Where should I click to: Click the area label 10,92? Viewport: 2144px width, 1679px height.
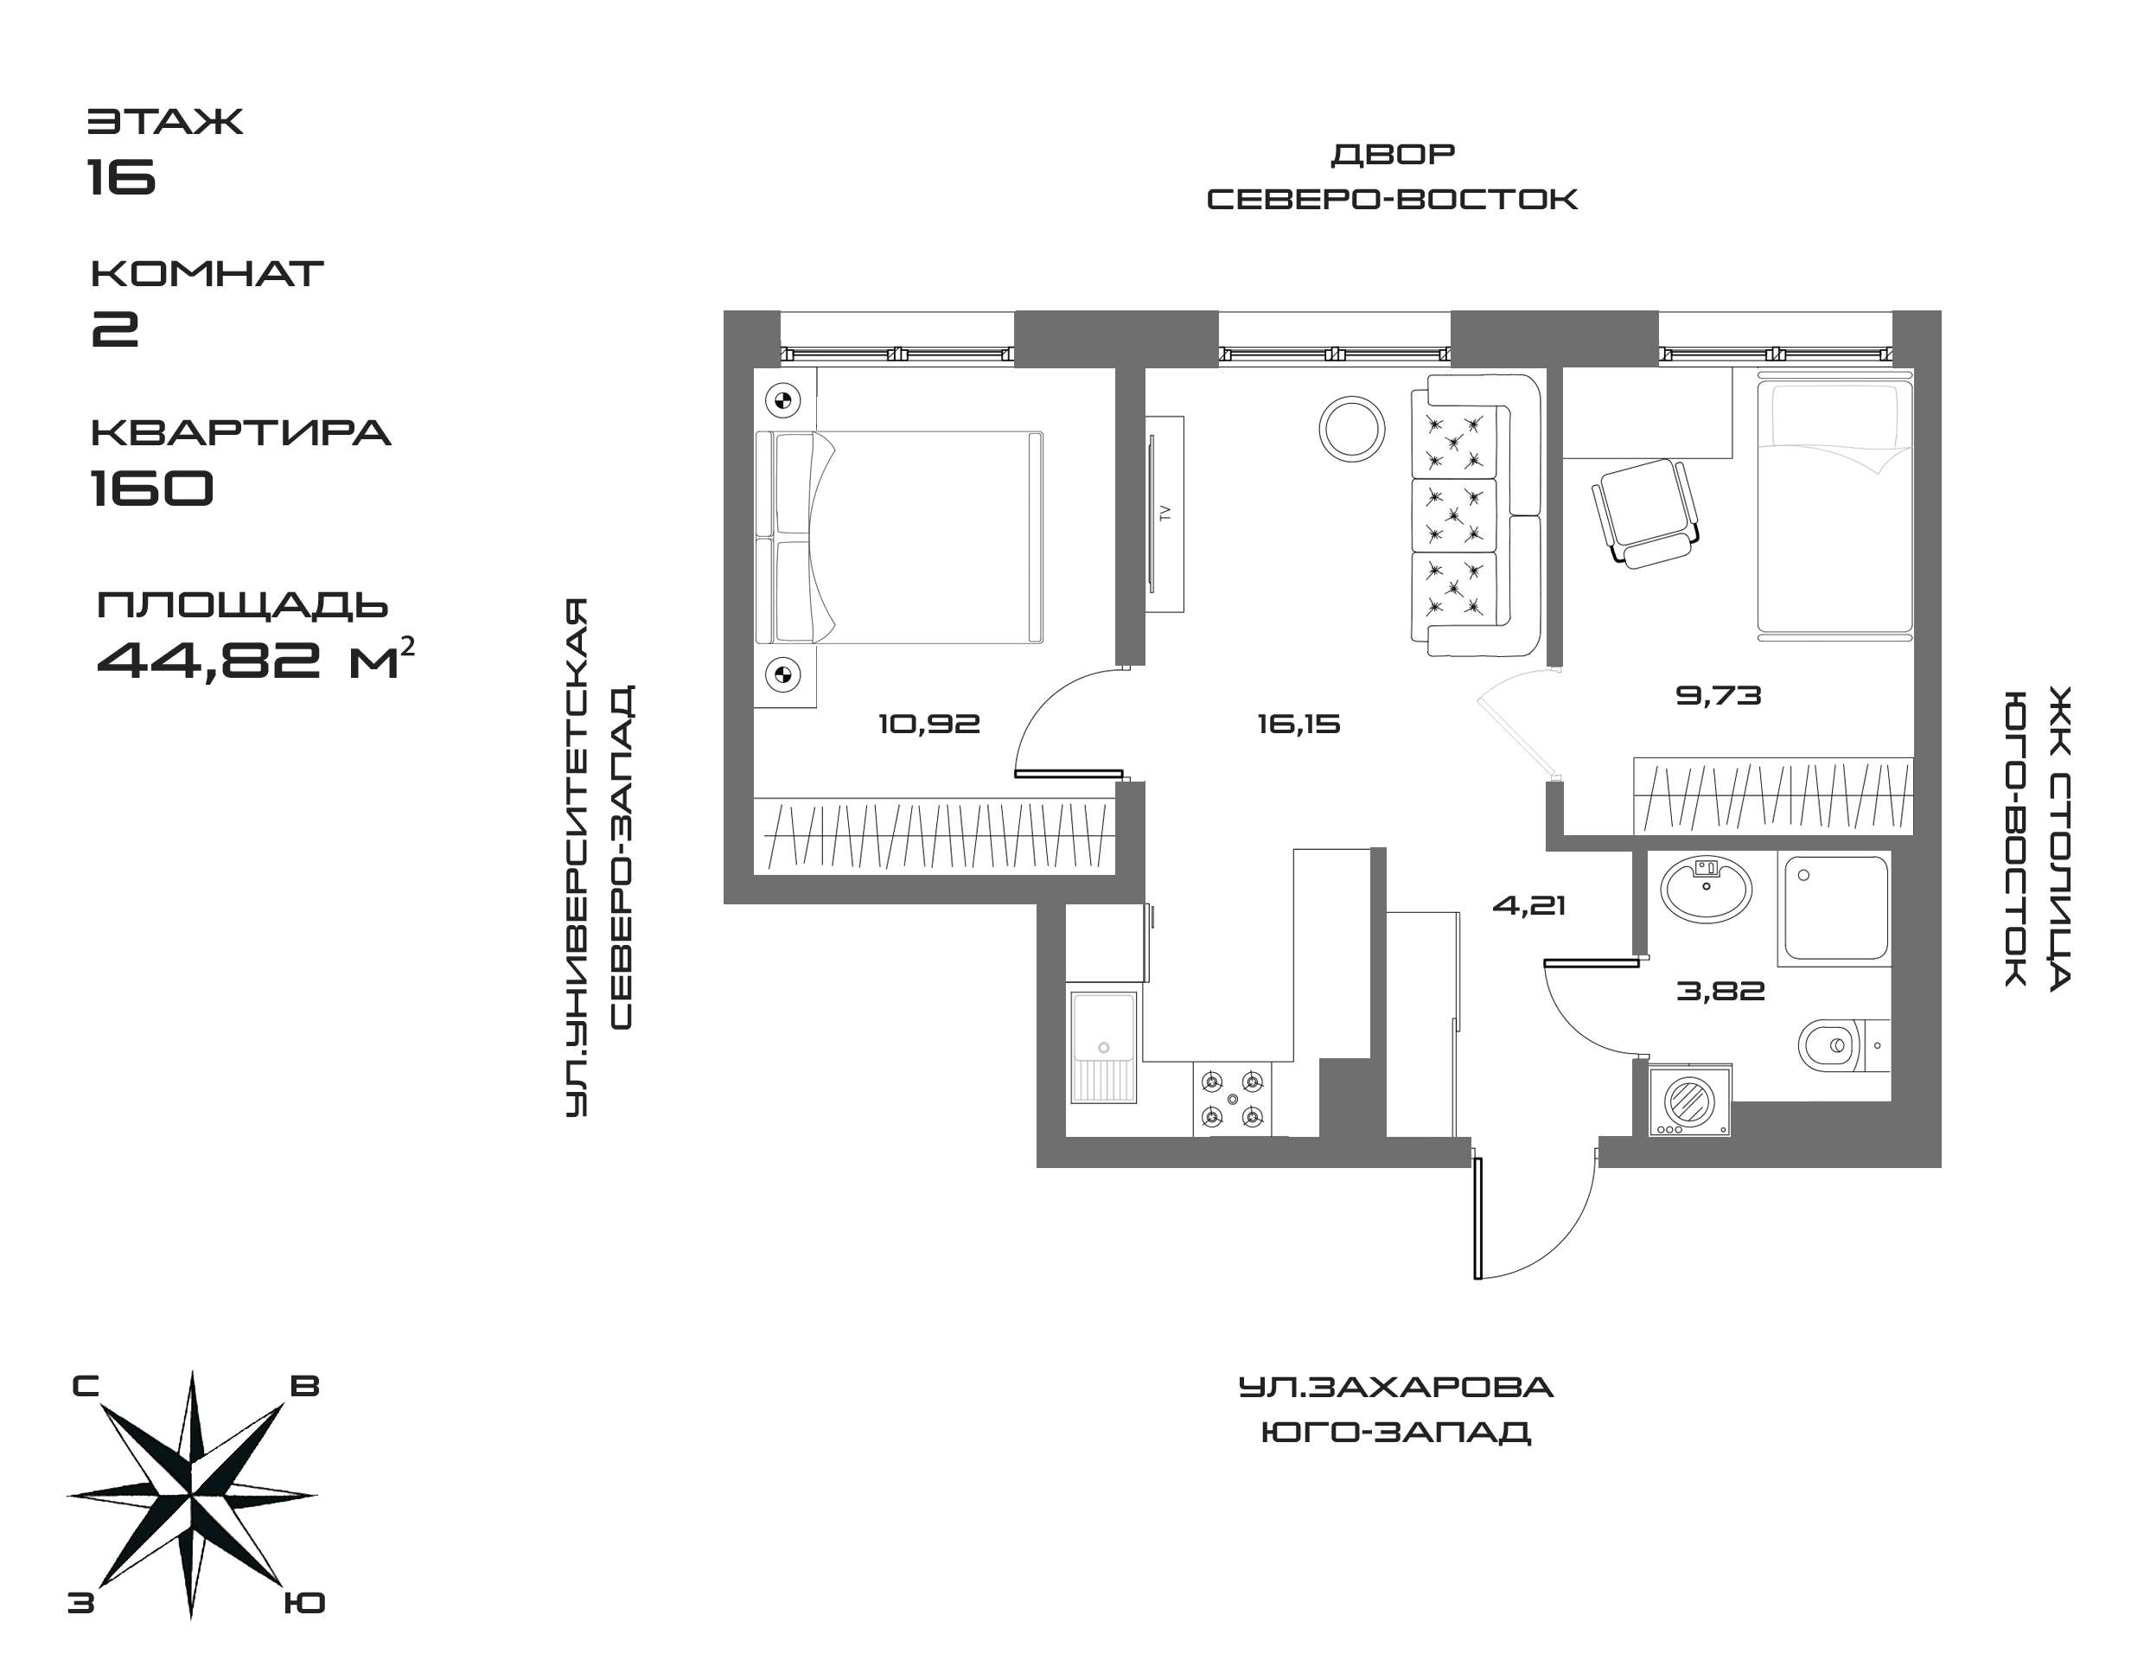coord(929,725)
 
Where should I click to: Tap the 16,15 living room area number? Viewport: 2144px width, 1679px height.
coord(1299,725)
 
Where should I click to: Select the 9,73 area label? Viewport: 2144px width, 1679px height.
coord(1719,696)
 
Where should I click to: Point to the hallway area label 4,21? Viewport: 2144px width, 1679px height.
coord(1528,905)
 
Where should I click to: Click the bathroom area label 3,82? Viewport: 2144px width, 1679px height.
coord(1720,991)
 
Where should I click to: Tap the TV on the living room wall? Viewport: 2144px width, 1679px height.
coord(1165,514)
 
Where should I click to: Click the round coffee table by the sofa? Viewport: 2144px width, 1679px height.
coord(1352,429)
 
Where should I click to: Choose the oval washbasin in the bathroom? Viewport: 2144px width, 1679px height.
coord(1706,890)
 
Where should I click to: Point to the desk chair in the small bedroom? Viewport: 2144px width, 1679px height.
coord(1644,512)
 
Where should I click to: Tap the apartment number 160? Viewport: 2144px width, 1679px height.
coord(151,487)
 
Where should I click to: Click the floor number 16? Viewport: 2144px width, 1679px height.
coord(122,177)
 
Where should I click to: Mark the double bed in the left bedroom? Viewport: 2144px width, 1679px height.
coord(899,538)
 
